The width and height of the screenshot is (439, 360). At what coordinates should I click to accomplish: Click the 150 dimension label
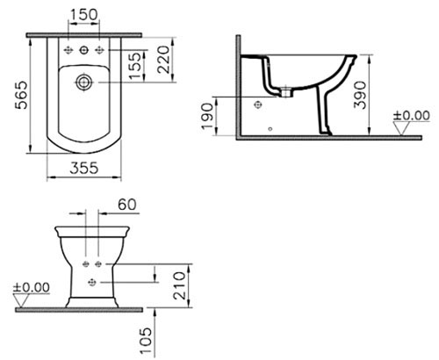click(x=84, y=14)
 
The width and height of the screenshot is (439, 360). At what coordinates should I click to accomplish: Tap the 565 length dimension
click(x=21, y=96)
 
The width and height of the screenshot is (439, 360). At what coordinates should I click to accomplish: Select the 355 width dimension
click(x=84, y=168)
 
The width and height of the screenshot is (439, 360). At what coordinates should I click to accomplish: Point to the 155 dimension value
click(x=135, y=65)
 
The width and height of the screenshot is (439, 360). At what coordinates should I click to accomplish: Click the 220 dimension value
click(x=163, y=60)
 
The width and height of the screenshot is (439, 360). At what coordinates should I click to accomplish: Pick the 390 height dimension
click(x=360, y=96)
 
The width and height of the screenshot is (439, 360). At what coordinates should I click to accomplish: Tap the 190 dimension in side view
click(x=208, y=116)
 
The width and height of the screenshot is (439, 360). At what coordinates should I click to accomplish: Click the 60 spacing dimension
click(x=127, y=205)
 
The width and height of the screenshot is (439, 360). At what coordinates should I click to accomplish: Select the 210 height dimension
click(x=179, y=285)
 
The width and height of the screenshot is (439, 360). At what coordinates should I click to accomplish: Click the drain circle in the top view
click(x=84, y=83)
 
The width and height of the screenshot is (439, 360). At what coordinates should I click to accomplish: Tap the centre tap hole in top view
click(x=84, y=50)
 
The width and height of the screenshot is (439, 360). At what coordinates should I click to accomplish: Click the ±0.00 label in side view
click(x=412, y=115)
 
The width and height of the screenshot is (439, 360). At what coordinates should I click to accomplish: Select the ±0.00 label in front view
click(x=32, y=287)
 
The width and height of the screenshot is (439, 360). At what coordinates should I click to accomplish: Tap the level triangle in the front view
click(x=21, y=300)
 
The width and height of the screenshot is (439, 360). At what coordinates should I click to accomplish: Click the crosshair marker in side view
click(x=258, y=104)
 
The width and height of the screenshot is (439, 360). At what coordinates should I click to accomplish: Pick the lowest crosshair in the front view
click(x=92, y=282)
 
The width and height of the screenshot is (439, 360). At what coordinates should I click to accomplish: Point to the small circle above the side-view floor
click(x=270, y=129)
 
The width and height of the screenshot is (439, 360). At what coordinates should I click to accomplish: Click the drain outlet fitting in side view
click(x=286, y=92)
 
